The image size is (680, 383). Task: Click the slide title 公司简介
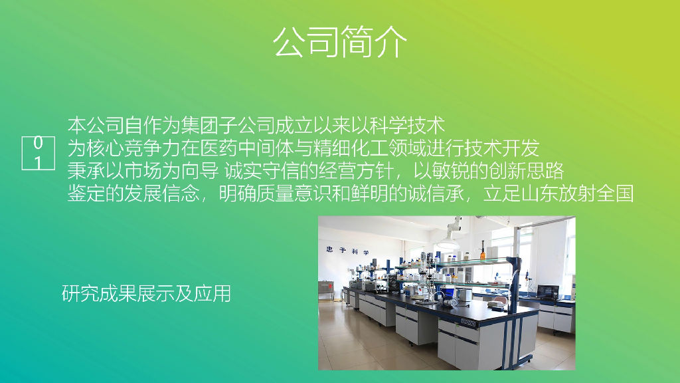pos(340,42)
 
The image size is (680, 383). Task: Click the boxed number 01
pos(38,153)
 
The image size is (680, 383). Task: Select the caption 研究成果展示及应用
pos(146,293)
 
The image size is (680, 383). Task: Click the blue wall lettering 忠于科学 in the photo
pos(348,251)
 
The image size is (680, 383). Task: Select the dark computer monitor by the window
pos(548,291)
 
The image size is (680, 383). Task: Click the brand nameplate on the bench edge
pos(468,322)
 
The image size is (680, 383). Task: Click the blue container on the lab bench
pos(450,291)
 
